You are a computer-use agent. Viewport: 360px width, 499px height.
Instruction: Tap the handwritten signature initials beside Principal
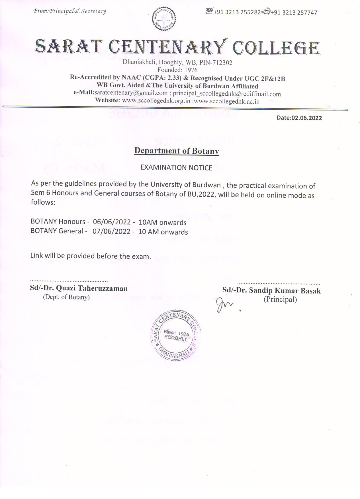coord(225,305)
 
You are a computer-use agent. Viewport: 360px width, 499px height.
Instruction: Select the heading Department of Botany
coord(177,151)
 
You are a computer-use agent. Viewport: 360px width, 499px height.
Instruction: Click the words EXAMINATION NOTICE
coord(176,167)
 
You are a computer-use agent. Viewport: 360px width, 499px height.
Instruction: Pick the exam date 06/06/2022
coord(112,222)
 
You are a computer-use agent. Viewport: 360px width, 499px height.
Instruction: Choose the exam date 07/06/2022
coord(111,231)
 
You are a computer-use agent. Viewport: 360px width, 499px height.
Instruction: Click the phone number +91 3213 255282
coord(237,12)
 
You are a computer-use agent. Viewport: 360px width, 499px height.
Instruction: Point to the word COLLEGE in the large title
coord(276,48)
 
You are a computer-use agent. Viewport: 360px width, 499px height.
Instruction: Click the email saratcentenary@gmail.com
coord(131,93)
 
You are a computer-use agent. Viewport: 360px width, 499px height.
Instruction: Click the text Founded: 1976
coord(177,70)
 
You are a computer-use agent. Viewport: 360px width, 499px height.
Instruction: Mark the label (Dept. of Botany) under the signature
coord(66,297)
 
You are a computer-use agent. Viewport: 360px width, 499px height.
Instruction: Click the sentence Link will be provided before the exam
coord(91,256)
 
